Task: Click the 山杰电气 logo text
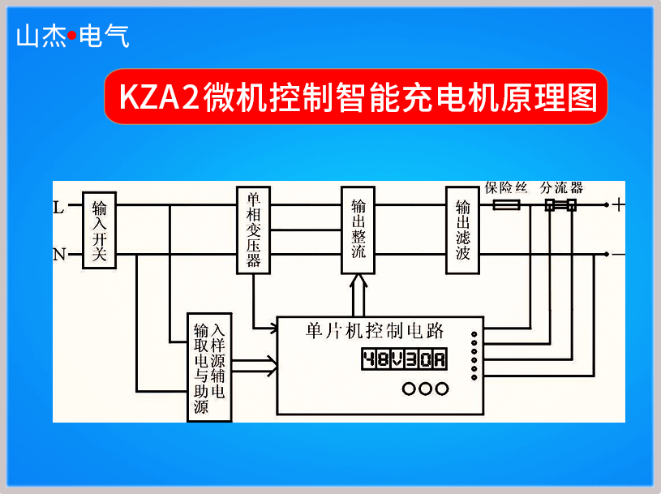(x=72, y=37)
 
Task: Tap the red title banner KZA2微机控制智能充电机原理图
(x=356, y=97)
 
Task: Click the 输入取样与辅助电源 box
(x=209, y=367)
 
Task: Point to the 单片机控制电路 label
(x=375, y=330)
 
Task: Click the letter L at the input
(x=58, y=207)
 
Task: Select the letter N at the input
(x=58, y=256)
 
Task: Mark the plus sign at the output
(x=619, y=205)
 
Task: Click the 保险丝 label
(x=506, y=187)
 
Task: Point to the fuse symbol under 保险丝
(x=507, y=206)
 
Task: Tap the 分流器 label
(x=561, y=187)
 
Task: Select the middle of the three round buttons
(x=425, y=389)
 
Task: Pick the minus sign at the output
(x=619, y=255)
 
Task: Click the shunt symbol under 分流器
(x=560, y=206)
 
